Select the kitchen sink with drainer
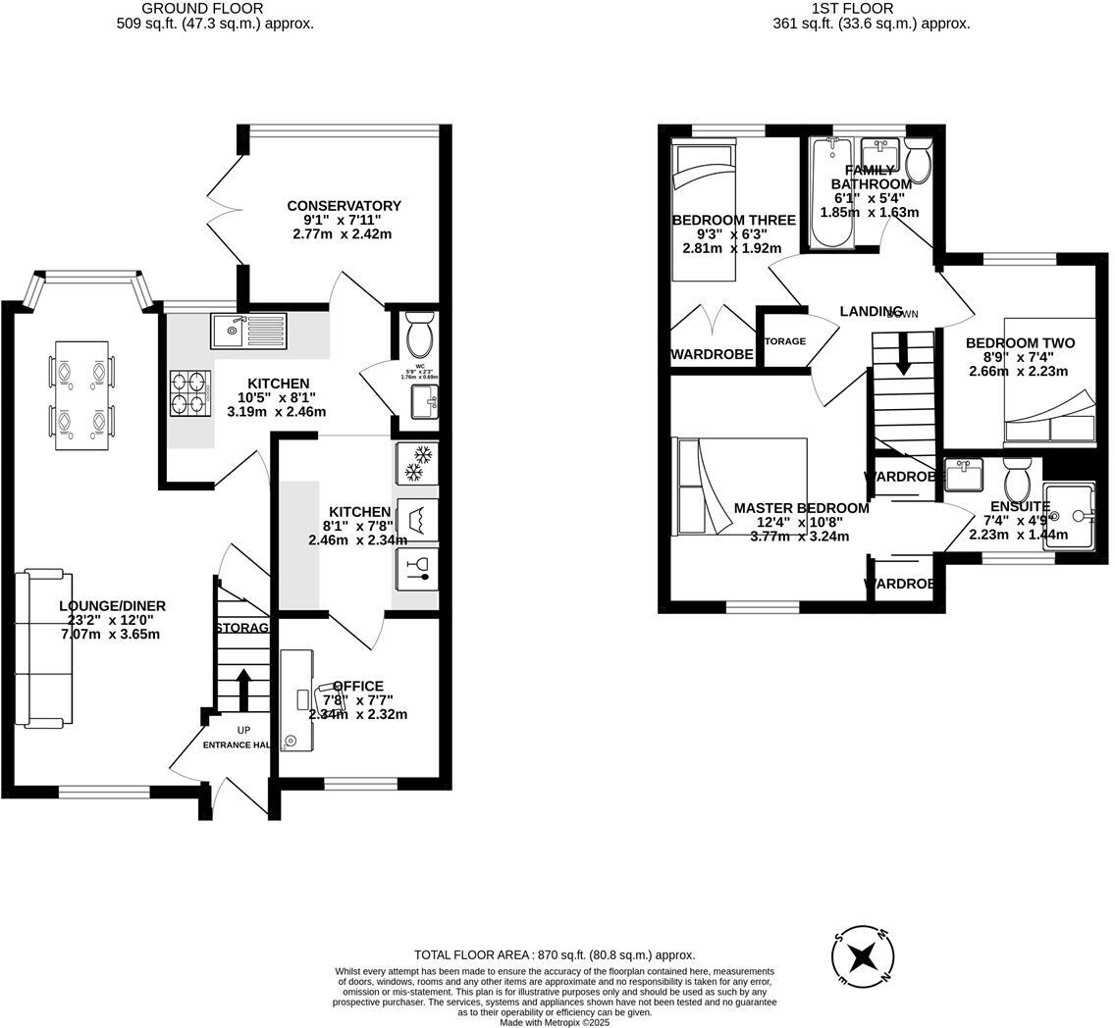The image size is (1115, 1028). [248, 331]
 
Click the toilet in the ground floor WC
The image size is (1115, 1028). [419, 335]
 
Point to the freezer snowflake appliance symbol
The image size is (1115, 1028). [417, 463]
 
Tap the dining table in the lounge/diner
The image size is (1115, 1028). [81, 395]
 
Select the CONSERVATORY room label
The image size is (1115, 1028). [344, 206]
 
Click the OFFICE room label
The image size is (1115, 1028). [358, 687]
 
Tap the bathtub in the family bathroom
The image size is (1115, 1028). [831, 193]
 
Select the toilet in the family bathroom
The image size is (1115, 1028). [918, 161]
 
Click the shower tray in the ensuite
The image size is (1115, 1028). [1068, 516]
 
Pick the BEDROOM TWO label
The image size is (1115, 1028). [1020, 343]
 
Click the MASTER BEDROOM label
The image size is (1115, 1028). [801, 508]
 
